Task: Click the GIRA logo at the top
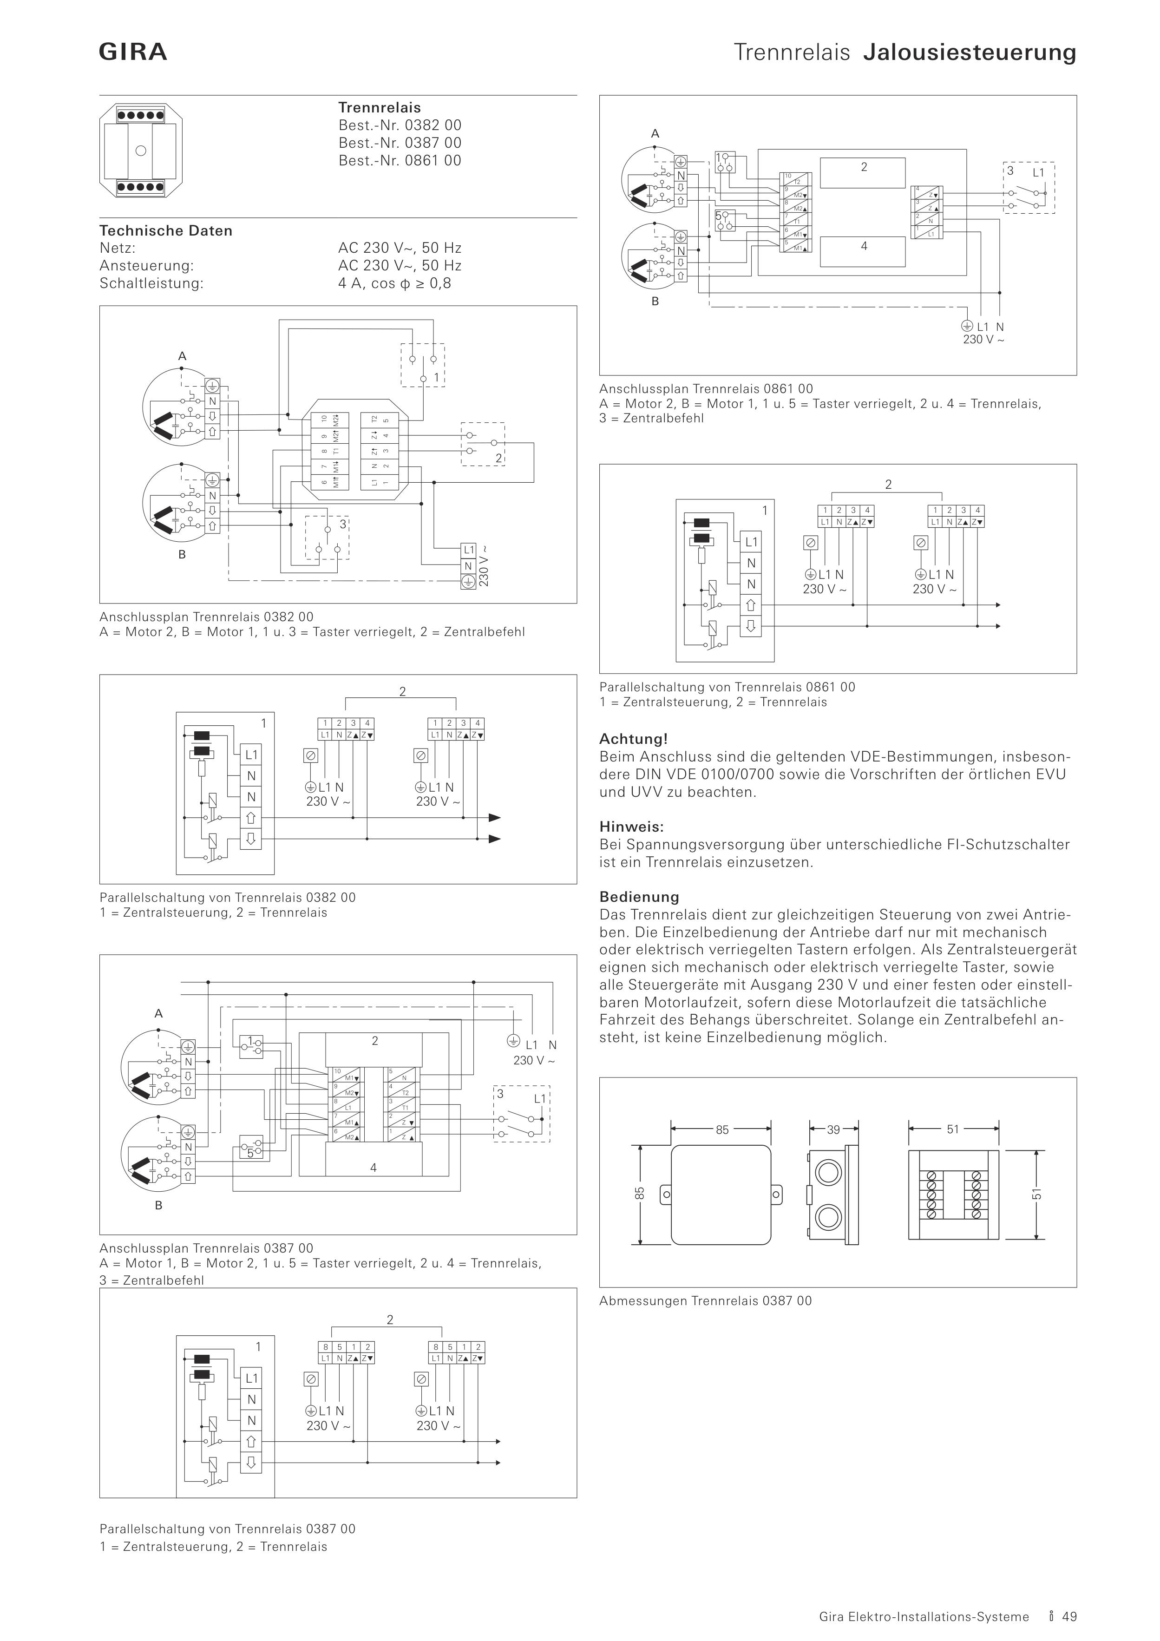point(133,52)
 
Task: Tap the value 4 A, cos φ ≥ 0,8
point(394,283)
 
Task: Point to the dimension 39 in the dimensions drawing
point(833,1130)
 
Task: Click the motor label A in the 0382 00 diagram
point(182,356)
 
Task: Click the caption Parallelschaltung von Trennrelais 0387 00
point(227,1529)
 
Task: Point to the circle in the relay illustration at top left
point(141,151)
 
